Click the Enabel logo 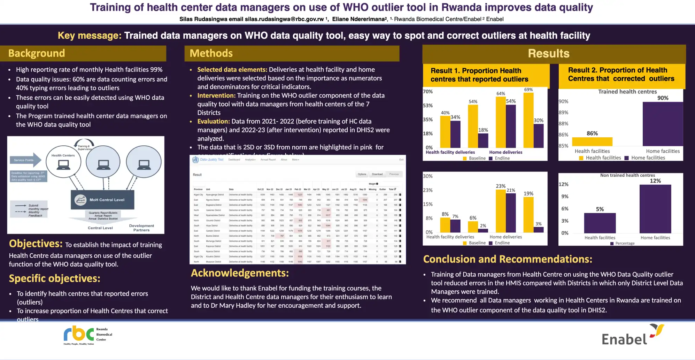click(x=632, y=335)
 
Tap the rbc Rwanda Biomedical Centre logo click(x=87, y=335)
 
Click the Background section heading click(x=37, y=53)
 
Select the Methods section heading click(x=211, y=53)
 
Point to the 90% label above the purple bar click(x=663, y=98)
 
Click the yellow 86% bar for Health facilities click(x=592, y=141)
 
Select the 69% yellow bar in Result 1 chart click(x=528, y=120)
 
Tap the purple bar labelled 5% click(x=600, y=223)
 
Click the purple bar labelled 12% click(x=655, y=209)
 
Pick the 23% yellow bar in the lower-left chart click(x=500, y=211)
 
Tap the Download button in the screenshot click(x=377, y=174)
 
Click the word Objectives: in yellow click(x=36, y=244)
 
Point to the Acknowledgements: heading click(x=240, y=273)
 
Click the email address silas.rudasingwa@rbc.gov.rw click(x=284, y=19)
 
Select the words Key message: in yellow click(x=90, y=36)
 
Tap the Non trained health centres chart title click(x=627, y=175)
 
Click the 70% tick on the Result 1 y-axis click(x=427, y=92)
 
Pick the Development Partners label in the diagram click(x=141, y=228)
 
